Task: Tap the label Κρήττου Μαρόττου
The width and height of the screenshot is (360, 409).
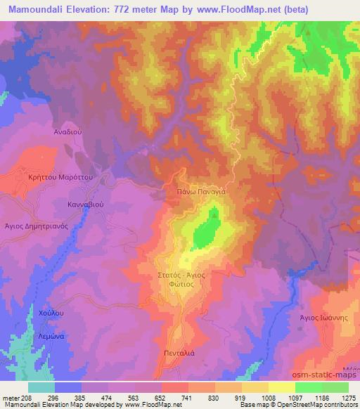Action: [56, 178]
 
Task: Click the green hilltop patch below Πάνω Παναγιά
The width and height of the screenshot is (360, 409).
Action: [204, 233]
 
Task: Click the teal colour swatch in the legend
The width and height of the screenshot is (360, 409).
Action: [41, 387]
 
